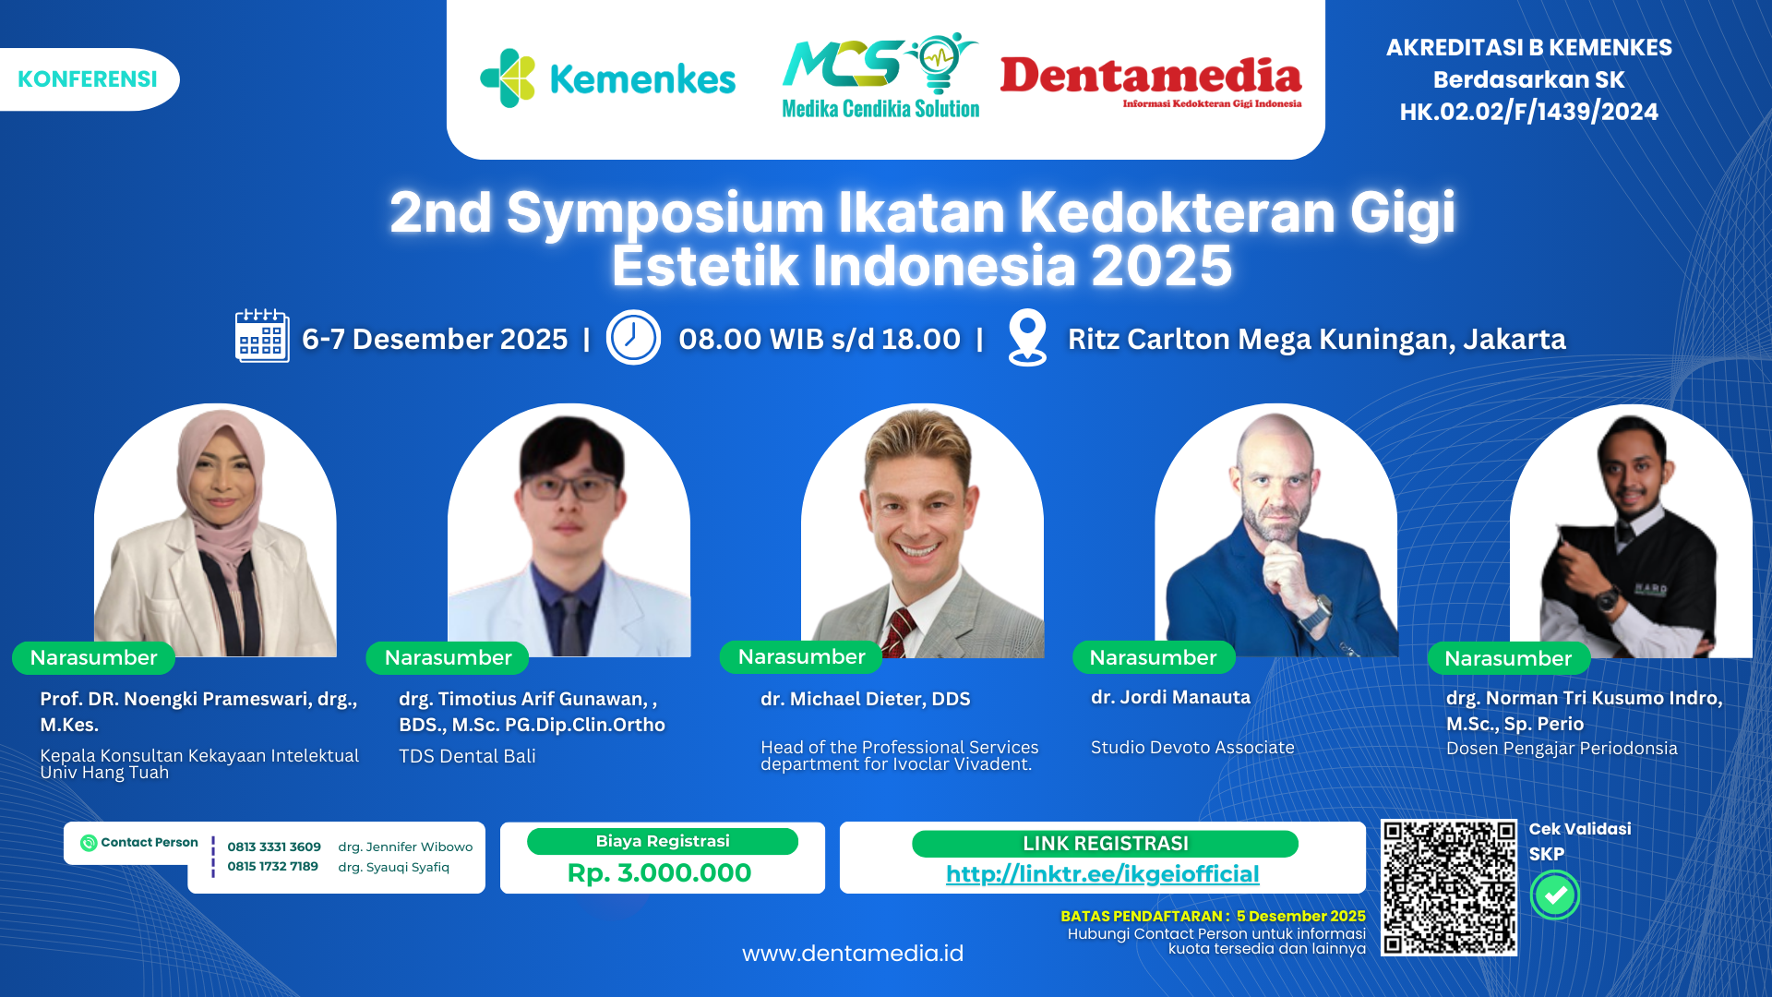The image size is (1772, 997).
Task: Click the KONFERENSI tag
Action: pos(88,79)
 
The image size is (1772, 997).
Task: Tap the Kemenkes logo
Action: pos(607,79)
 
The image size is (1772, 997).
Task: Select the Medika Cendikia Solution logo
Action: pos(880,78)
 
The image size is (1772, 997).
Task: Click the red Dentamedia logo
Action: pos(1150,79)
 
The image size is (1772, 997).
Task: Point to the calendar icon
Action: pos(262,336)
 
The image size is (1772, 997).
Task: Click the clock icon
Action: pos(633,337)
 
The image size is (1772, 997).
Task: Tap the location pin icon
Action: pos(1027,337)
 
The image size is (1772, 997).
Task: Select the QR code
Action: pos(1448,887)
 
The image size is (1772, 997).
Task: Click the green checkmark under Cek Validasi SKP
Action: pos(1555,895)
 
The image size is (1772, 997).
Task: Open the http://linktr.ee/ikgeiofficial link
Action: pos(1102,873)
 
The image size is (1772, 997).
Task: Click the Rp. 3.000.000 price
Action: pos(659,872)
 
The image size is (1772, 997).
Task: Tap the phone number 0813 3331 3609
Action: pos(274,847)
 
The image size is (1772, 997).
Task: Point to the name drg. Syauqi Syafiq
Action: pos(393,867)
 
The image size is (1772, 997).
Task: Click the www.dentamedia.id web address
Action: pos(852,953)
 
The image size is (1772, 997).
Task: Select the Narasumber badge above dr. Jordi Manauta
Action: pos(1153,657)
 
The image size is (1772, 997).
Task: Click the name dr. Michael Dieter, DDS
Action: pos(865,699)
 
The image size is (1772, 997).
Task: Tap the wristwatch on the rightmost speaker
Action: pos(1608,599)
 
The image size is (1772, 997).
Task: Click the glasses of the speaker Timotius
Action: pos(569,484)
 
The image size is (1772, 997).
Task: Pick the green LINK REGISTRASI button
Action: pos(1105,844)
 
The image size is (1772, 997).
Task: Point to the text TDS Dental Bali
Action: pos(467,756)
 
